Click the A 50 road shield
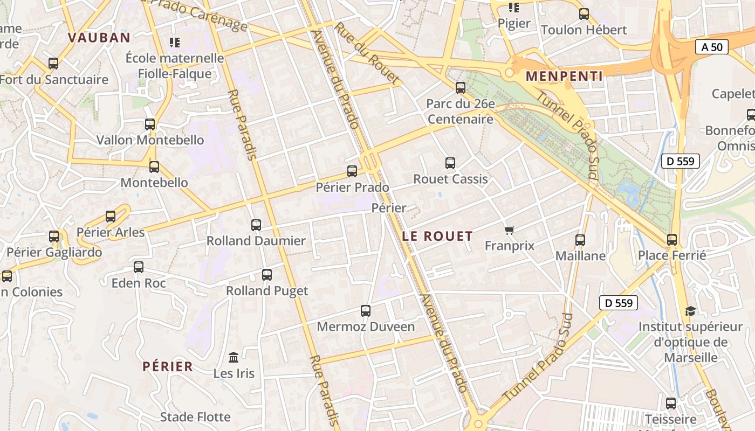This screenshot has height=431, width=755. pyautogui.click(x=712, y=47)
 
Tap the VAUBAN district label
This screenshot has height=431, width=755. pyautogui.click(x=99, y=38)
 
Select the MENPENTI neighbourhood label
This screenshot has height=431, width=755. pyautogui.click(x=564, y=77)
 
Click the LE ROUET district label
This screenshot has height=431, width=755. pyautogui.click(x=437, y=236)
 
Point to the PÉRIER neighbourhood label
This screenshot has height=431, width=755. pyautogui.click(x=168, y=367)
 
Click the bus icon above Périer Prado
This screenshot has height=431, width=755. pyautogui.click(x=352, y=171)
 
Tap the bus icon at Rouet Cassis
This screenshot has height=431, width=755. pyautogui.click(x=450, y=163)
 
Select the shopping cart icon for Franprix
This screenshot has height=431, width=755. pyautogui.click(x=510, y=231)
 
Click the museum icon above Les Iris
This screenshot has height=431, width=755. pyautogui.click(x=234, y=357)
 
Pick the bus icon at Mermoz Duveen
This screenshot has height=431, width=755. pyautogui.click(x=366, y=311)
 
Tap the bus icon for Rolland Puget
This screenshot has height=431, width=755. pyautogui.click(x=267, y=275)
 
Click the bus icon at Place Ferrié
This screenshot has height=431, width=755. pyautogui.click(x=672, y=240)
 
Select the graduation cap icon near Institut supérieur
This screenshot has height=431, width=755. pyautogui.click(x=690, y=311)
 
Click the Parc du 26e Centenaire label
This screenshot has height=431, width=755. pyautogui.click(x=461, y=112)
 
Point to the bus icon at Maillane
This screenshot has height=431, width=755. pyautogui.click(x=580, y=240)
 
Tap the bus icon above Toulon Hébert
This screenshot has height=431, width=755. pyautogui.click(x=584, y=14)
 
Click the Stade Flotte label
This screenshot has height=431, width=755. pyautogui.click(x=195, y=417)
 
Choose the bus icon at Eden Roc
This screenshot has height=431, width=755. pyautogui.click(x=139, y=267)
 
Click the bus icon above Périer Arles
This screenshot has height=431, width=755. pyautogui.click(x=111, y=217)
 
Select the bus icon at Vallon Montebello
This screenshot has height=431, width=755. pyautogui.click(x=150, y=124)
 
